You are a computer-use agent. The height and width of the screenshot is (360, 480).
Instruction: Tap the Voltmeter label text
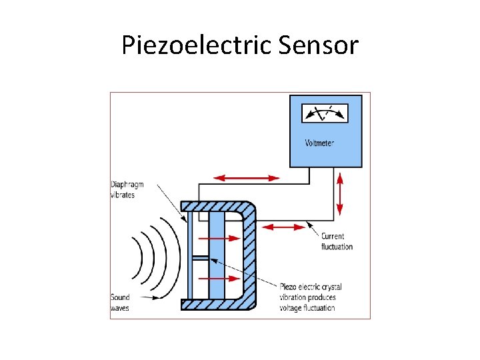pyautogui.click(x=319, y=143)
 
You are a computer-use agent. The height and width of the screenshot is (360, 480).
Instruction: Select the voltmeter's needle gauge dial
pyautogui.click(x=325, y=113)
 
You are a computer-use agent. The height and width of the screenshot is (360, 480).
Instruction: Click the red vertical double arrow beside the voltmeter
pyautogui.click(x=340, y=193)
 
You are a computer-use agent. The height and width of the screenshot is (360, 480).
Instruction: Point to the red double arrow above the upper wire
pyautogui.click(x=247, y=178)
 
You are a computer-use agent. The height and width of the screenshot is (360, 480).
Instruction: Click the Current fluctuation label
pyautogui.click(x=337, y=241)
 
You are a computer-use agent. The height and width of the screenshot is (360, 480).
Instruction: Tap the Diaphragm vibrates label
pyautogui.click(x=127, y=189)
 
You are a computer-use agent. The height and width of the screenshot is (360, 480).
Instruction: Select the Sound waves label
pyautogui.click(x=121, y=302)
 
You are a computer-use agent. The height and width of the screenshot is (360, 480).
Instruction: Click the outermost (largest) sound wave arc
pyautogui.click(x=171, y=257)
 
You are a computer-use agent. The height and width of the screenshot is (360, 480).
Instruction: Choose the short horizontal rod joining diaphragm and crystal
pyautogui.click(x=201, y=257)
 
